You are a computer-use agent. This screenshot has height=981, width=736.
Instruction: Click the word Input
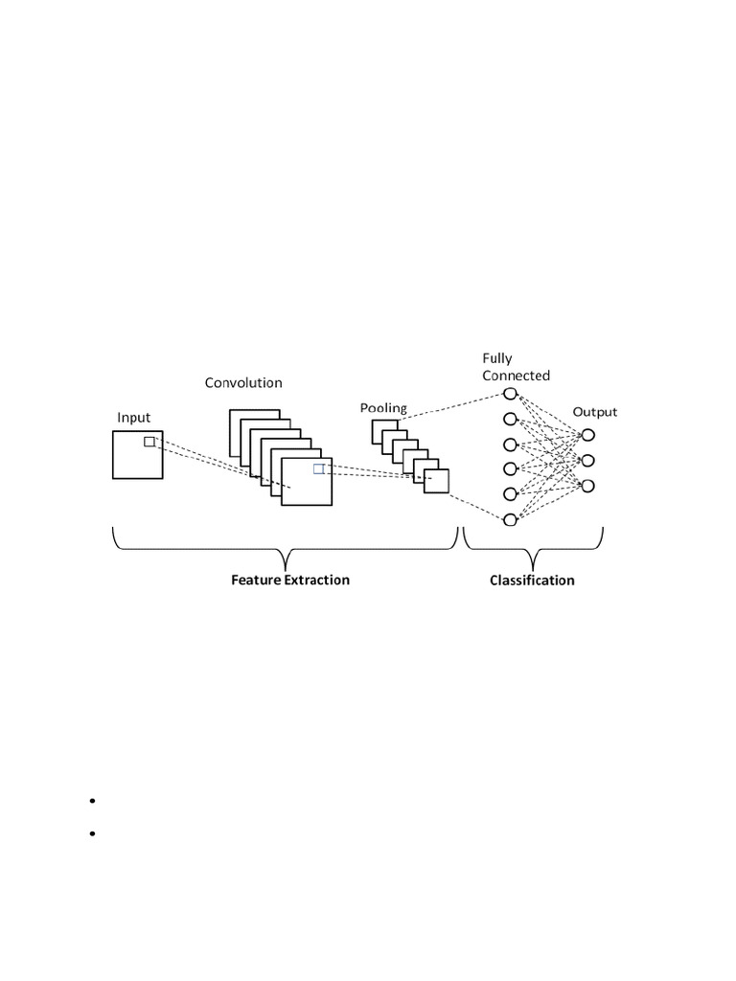click(x=133, y=418)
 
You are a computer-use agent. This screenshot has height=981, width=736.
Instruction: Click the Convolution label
click(x=243, y=383)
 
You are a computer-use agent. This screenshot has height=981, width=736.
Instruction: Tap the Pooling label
click(x=383, y=408)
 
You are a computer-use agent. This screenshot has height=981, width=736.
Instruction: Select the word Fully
click(x=497, y=359)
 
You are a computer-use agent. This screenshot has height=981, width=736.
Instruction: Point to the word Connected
click(x=516, y=376)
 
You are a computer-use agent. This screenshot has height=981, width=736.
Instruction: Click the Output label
click(x=595, y=412)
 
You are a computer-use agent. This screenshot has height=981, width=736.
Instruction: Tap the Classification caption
click(x=532, y=580)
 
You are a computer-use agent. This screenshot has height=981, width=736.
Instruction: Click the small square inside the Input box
click(x=149, y=442)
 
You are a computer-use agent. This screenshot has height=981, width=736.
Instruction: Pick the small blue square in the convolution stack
click(x=319, y=468)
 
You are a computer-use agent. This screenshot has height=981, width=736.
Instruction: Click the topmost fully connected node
click(x=511, y=419)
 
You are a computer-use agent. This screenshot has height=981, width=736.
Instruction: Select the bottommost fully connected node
click(x=511, y=518)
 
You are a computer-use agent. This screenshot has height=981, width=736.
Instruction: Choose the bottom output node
click(x=588, y=486)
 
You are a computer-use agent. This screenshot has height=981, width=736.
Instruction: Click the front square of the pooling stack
click(x=436, y=480)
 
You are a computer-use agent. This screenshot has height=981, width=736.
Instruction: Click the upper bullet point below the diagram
click(x=93, y=800)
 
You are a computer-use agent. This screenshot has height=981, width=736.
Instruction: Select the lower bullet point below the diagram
click(x=93, y=834)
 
